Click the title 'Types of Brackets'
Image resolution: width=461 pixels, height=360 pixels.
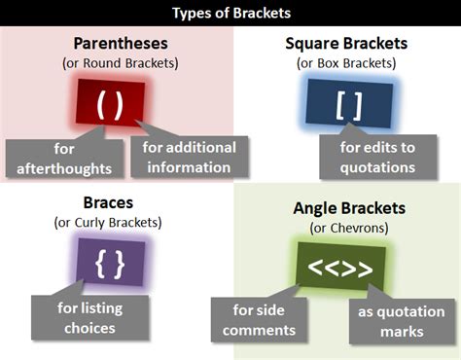point(231,13)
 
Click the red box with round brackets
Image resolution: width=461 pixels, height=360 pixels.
point(110,103)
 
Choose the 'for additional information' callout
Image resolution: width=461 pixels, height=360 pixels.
point(189,157)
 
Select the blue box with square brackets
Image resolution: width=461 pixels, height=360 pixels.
point(347,103)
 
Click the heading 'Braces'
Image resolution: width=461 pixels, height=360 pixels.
point(109,203)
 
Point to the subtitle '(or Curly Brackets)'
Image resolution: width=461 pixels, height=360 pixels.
point(109,223)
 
